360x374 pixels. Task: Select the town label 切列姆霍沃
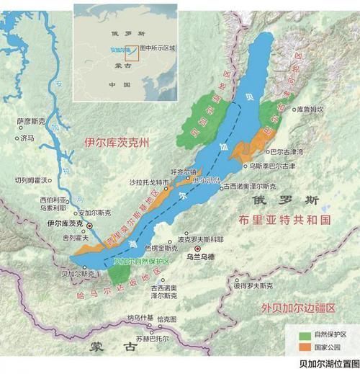pos(31,179)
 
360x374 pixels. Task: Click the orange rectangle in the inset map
pos(130,52)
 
